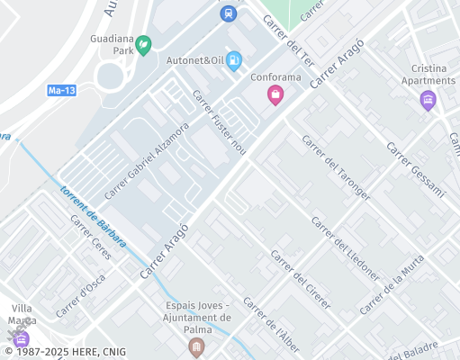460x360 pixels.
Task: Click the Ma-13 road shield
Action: tap(60, 91)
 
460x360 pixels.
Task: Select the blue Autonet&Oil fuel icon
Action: tap(234, 60)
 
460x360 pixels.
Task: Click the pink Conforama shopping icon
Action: tap(275, 94)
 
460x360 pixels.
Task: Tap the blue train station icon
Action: tap(228, 13)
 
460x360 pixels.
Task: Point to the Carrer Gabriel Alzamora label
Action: tap(146, 160)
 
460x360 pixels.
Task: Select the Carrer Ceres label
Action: tap(90, 238)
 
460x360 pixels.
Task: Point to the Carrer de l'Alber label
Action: tap(271, 325)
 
